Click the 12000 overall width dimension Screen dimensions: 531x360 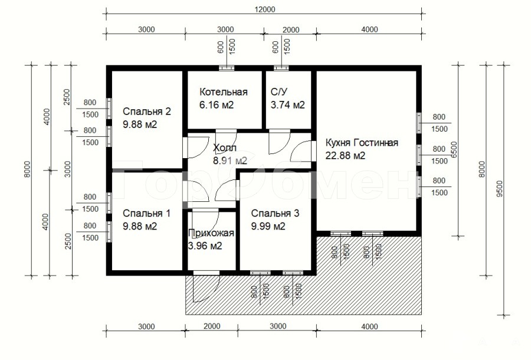[264, 9]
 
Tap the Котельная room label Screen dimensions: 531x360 [224, 92]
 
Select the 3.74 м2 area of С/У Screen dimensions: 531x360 [287, 105]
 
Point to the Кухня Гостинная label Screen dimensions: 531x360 [362, 143]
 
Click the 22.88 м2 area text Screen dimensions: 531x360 [345, 156]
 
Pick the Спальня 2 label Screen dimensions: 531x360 [147, 112]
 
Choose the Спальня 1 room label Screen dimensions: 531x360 [146, 214]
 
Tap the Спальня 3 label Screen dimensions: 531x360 [275, 214]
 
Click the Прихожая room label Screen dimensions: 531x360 [211, 233]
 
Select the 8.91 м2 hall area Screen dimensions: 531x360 [230, 161]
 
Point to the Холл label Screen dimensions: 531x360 [225, 148]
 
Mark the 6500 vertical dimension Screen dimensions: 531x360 [454, 150]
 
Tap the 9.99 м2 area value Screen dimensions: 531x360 [268, 226]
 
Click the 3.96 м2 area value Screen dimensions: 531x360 [205, 246]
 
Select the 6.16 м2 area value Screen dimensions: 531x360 [217, 105]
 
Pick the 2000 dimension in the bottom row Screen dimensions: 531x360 [212, 326]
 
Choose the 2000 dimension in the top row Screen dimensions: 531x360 [291, 30]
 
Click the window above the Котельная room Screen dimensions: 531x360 [226, 68]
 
